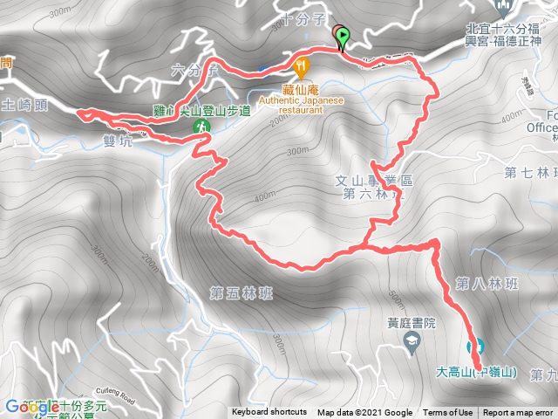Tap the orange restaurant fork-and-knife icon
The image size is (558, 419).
click(302, 65)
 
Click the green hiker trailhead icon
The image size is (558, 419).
click(202, 127)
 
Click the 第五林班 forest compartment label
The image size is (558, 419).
click(241, 293)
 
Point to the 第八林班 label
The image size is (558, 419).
click(486, 283)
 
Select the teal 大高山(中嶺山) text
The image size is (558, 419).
click(477, 373)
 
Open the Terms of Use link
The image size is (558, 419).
click(447, 413)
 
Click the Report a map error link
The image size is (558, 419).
click(518, 413)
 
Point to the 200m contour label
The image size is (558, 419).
click(155, 261)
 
